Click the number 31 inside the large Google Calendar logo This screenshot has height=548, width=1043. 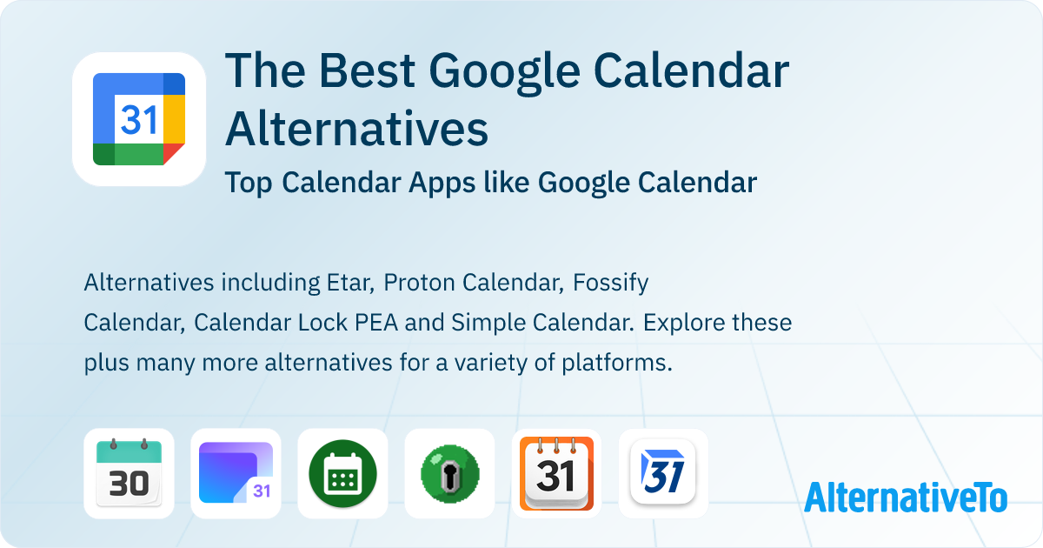pos(138,119)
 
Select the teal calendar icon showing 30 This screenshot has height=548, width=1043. pos(129,473)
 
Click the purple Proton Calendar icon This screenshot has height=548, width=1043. pos(236,473)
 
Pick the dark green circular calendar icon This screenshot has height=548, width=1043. pos(342,473)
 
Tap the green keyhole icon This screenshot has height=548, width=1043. pos(449,473)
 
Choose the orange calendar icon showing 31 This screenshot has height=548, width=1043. pos(556,473)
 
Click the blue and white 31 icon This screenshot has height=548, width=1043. pos(663,473)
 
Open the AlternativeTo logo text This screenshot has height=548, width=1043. pos(905,497)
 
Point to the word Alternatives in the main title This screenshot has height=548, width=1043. pos(356,129)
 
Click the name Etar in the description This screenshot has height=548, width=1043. pos(348,283)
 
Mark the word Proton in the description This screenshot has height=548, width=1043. pos(422,283)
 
